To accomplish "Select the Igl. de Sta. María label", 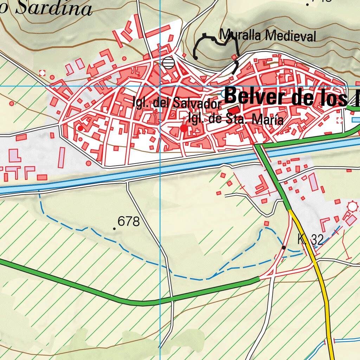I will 236,119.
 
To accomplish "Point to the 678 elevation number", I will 129,222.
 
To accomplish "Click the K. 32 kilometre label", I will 310,240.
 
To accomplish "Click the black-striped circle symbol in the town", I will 168,63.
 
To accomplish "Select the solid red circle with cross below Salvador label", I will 184,128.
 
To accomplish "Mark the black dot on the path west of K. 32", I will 284,247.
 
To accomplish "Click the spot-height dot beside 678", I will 114,229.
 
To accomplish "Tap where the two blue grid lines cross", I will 160,85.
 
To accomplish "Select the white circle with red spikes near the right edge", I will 352,206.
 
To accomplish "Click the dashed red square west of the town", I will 43,73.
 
